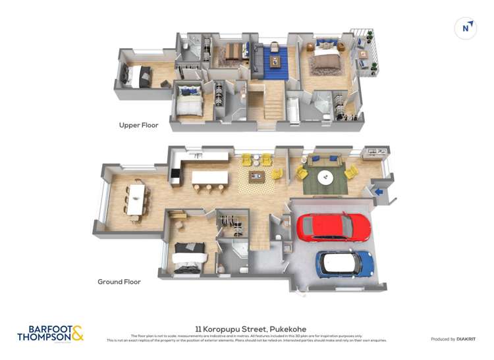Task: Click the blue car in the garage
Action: (344, 263)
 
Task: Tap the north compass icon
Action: (466, 28)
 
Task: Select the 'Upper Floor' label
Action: (138, 125)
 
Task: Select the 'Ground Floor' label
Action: (119, 282)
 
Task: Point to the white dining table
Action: (137, 197)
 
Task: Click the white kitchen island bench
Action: (209, 178)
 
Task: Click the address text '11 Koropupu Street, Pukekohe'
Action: (250, 329)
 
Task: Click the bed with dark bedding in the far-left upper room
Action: (139, 76)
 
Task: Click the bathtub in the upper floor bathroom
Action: (292, 109)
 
